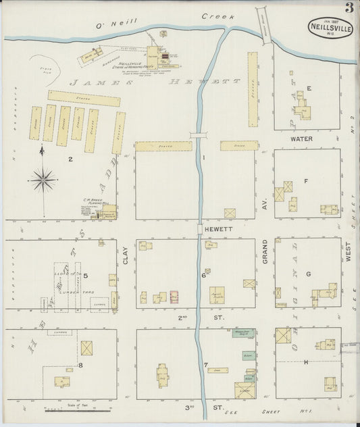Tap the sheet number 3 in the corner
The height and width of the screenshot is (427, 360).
[349, 8]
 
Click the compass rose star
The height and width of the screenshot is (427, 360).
[43, 179]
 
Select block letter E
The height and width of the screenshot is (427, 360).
[309, 89]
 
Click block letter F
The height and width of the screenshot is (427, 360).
[306, 180]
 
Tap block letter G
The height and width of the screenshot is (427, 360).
[308, 274]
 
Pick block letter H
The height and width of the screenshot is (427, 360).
[306, 363]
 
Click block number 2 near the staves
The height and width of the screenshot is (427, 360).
[70, 159]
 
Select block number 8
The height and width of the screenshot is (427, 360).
[80, 366]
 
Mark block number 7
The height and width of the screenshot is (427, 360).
[205, 366]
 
